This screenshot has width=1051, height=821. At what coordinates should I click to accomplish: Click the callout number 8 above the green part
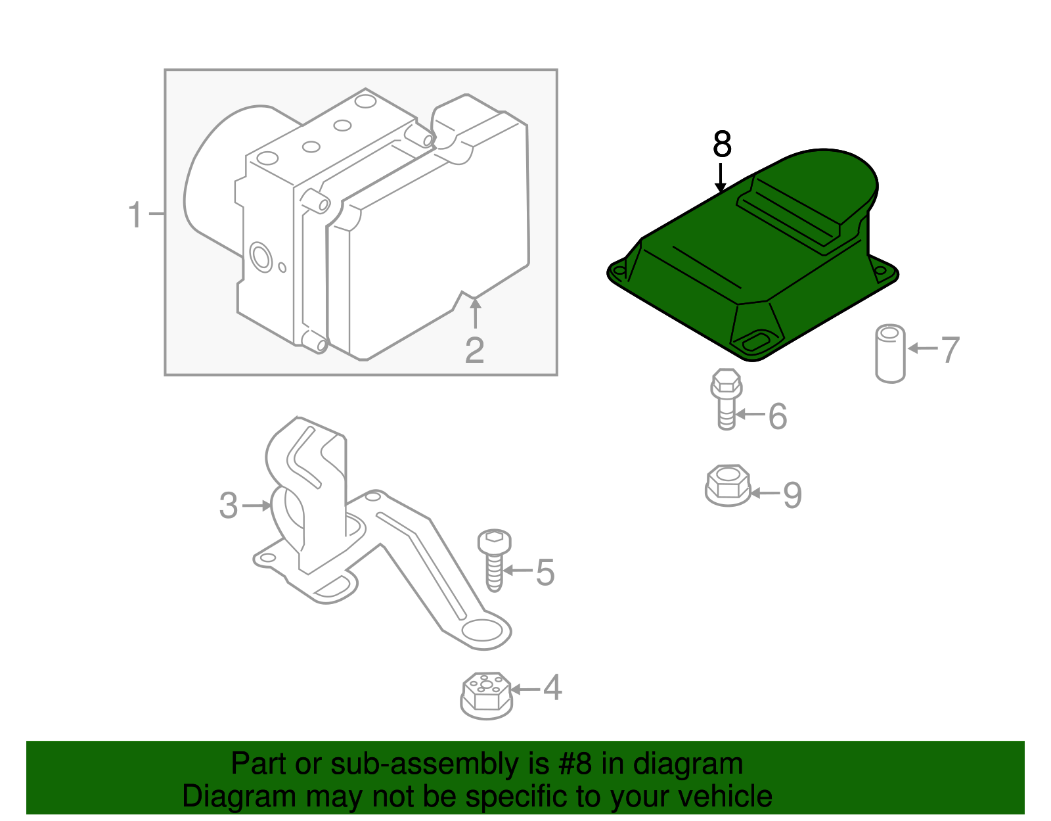tap(722, 144)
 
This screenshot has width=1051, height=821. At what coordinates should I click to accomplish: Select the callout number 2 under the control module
tap(474, 350)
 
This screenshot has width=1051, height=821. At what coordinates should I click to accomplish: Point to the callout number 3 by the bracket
tap(229, 505)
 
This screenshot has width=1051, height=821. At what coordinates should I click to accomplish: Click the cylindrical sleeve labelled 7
tap(891, 354)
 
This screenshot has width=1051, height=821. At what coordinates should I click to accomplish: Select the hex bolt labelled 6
tap(726, 399)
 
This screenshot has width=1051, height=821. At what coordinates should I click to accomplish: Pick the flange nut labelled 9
tap(728, 486)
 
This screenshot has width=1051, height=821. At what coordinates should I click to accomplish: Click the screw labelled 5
tap(495, 560)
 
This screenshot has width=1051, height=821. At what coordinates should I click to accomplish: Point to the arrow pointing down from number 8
tap(720, 177)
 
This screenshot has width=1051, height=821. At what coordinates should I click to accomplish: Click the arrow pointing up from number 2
tap(476, 314)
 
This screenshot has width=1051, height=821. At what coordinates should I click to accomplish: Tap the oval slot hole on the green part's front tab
tap(755, 342)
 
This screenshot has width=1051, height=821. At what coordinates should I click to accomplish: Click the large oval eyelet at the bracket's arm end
tap(481, 631)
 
